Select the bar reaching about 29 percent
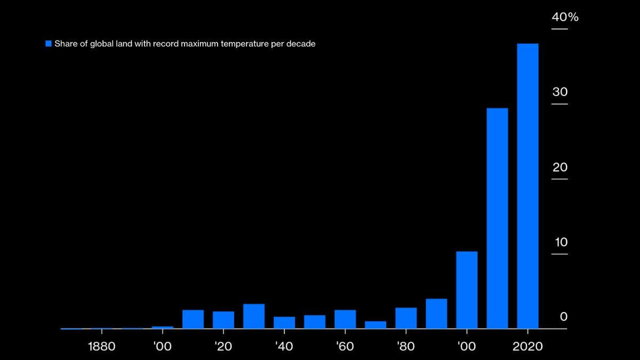(497, 218)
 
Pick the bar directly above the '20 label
(223, 319)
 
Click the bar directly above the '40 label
(284, 322)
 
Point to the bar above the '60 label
(345, 319)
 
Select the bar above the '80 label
(406, 318)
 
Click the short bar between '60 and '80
(375, 324)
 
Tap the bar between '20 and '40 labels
(254, 316)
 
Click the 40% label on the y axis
(565, 17)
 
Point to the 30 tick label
(560, 92)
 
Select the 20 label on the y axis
(560, 167)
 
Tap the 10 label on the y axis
(561, 242)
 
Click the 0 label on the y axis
(564, 317)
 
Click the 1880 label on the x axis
(101, 347)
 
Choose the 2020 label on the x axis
(527, 347)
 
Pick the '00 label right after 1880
(162, 347)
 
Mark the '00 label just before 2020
(466, 347)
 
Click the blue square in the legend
(49, 44)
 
